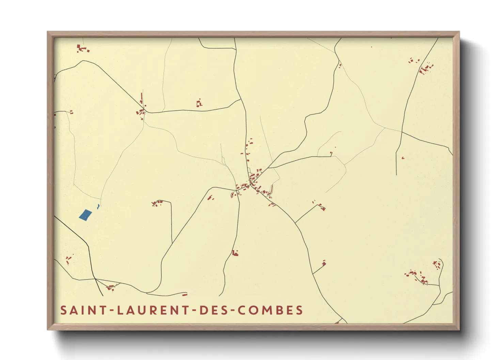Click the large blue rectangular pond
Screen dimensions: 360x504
pyautogui.click(x=85, y=215)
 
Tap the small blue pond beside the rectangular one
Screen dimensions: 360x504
pyautogui.click(x=98, y=206)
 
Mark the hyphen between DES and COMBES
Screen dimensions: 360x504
pyautogui.click(x=232, y=311)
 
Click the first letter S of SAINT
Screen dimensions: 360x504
pyautogui.click(x=63, y=310)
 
